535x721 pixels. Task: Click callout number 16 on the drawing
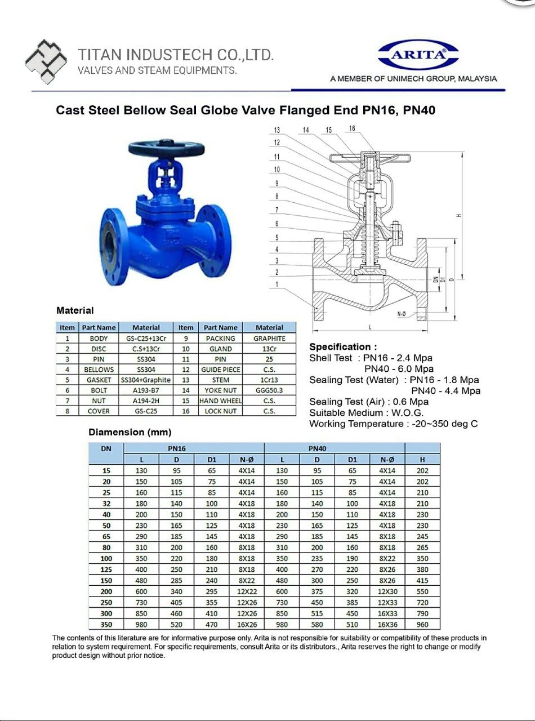click(352, 128)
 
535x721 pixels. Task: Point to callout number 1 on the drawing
click(277, 284)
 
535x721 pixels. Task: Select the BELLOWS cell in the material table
click(99, 370)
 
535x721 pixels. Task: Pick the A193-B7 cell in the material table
click(146, 390)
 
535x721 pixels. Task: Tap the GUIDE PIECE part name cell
click(221, 370)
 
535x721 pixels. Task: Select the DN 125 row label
click(106, 569)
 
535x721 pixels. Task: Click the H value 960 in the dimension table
click(422, 624)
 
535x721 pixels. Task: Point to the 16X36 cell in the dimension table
click(387, 624)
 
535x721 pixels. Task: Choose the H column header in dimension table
click(422, 460)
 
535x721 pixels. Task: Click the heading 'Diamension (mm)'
click(130, 432)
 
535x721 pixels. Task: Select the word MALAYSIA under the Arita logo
click(478, 79)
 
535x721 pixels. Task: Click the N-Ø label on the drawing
click(402, 314)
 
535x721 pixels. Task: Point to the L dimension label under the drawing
click(370, 327)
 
